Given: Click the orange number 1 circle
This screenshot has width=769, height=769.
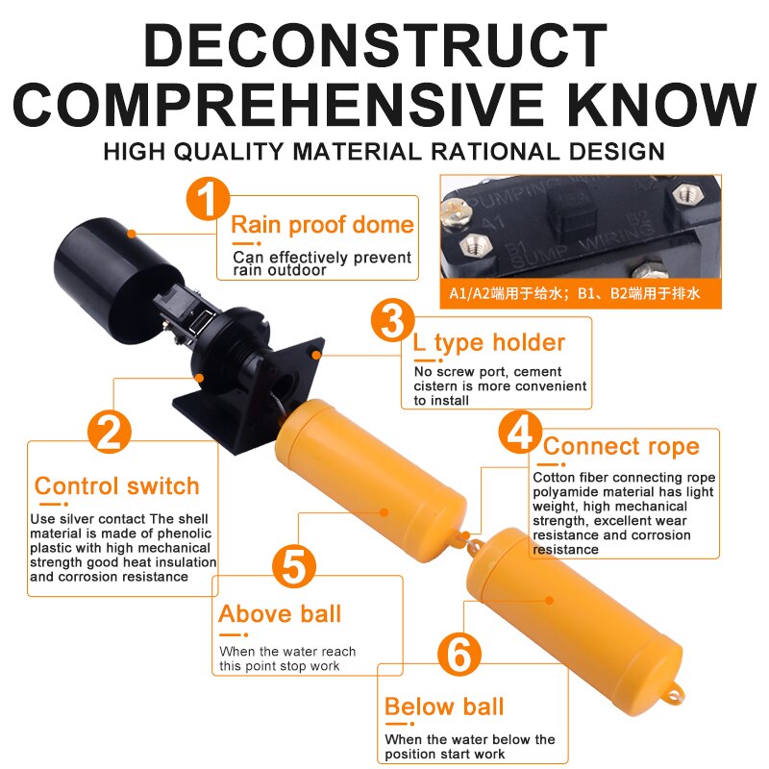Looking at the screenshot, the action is [208, 199].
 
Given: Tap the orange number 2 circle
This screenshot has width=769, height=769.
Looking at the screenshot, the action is [110, 432].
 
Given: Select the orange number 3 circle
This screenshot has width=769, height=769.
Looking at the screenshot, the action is [393, 321].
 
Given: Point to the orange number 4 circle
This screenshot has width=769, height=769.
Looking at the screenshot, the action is [520, 433].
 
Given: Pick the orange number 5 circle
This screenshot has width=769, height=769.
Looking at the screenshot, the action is [294, 566].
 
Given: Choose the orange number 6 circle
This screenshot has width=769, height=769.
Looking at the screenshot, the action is [459, 655].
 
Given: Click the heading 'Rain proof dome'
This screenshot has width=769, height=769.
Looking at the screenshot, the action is [322, 225].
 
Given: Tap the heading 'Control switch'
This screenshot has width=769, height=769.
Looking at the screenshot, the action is [116, 486].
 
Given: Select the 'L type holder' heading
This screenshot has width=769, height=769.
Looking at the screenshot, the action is [489, 343].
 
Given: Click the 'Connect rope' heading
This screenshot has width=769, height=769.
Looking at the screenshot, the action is [621, 447].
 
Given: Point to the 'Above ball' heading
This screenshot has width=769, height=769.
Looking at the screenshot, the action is [280, 613].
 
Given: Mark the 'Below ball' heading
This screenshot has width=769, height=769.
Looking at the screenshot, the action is [444, 707].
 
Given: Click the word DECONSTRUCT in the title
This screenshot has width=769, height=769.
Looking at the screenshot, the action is [376, 44].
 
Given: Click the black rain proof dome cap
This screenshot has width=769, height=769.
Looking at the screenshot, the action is [116, 280].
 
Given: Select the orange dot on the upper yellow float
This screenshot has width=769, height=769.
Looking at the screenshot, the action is [384, 512].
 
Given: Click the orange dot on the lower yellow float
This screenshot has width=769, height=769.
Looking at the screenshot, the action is [549, 600].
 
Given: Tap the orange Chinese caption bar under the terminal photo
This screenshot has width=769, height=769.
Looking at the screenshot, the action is [581, 294].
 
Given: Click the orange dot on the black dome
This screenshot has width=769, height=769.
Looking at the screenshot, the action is [132, 234].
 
